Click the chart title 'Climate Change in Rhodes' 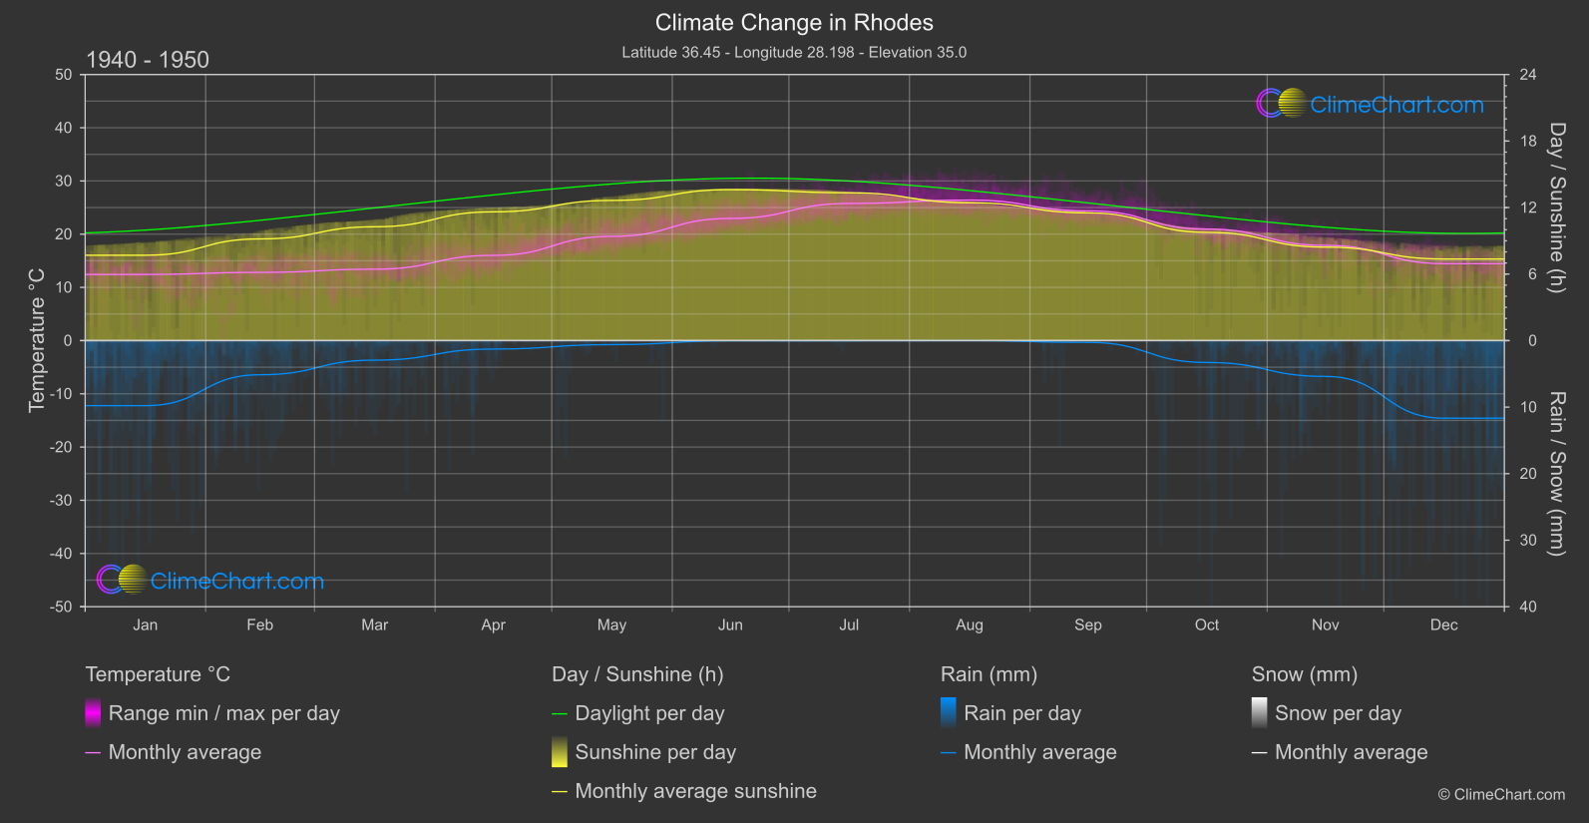pos(794,23)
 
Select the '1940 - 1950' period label pos(148,60)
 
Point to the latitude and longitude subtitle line pos(794,53)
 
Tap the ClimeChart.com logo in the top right pos(1370,104)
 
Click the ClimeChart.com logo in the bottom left pos(210,581)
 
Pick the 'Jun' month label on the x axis pos(730,625)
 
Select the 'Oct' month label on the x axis pos(1207,625)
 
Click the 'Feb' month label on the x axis pos(259,625)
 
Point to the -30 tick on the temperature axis pos(61,501)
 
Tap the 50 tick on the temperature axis pos(64,75)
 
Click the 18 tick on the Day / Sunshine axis pos(1527,142)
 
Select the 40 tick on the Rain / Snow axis pos(1527,607)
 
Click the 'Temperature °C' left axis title pos(37,339)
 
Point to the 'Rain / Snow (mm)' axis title pos(1556,473)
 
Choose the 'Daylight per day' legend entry pos(649,713)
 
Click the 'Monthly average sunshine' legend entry pos(695,791)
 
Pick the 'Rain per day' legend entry pos(1021,713)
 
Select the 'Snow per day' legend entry pos(1338,713)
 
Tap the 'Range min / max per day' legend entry pos(223,713)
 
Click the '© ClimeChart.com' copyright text pos(1501,795)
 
